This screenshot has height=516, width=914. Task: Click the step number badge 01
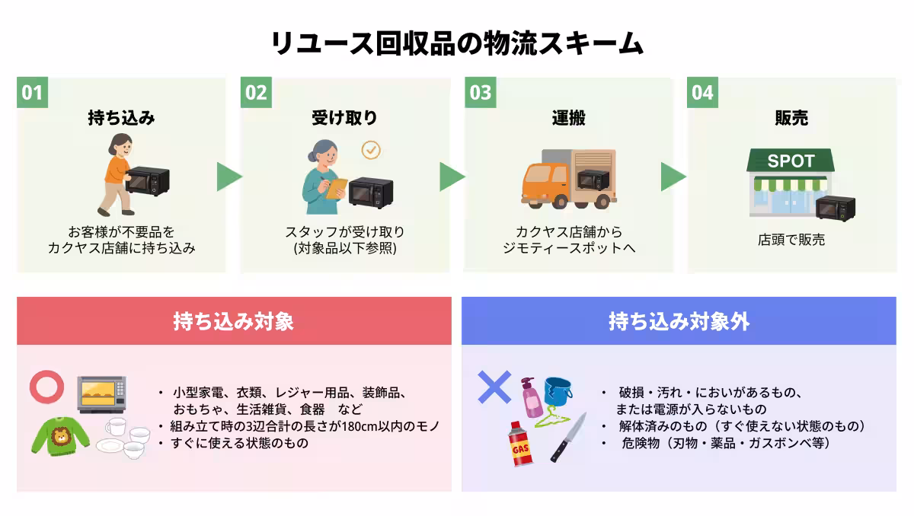pos(32,93)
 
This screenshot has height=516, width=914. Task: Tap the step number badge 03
pos(481,93)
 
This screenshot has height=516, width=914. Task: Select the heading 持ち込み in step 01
pos(121,118)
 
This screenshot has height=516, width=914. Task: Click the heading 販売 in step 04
pos(791,118)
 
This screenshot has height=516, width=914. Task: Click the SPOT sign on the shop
pos(791,161)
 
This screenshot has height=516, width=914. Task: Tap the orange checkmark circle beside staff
pos(370,149)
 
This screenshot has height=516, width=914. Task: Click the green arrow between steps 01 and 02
pos(228,177)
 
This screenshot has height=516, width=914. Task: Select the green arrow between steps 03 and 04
pos(673,177)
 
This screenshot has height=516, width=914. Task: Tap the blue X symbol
pos(494,387)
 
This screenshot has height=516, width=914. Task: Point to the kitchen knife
pos(568,437)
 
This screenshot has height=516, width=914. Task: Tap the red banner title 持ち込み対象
pos(233,321)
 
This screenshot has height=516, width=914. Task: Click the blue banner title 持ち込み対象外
pos(679,321)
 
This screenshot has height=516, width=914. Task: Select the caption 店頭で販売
pos(791,240)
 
